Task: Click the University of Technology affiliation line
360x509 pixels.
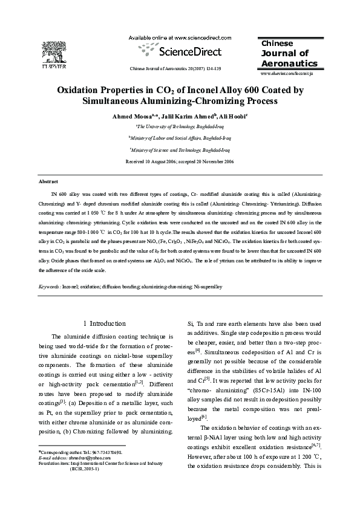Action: tap(180, 127)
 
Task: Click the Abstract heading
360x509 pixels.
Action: tap(48, 181)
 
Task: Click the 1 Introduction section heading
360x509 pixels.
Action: tap(104, 323)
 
